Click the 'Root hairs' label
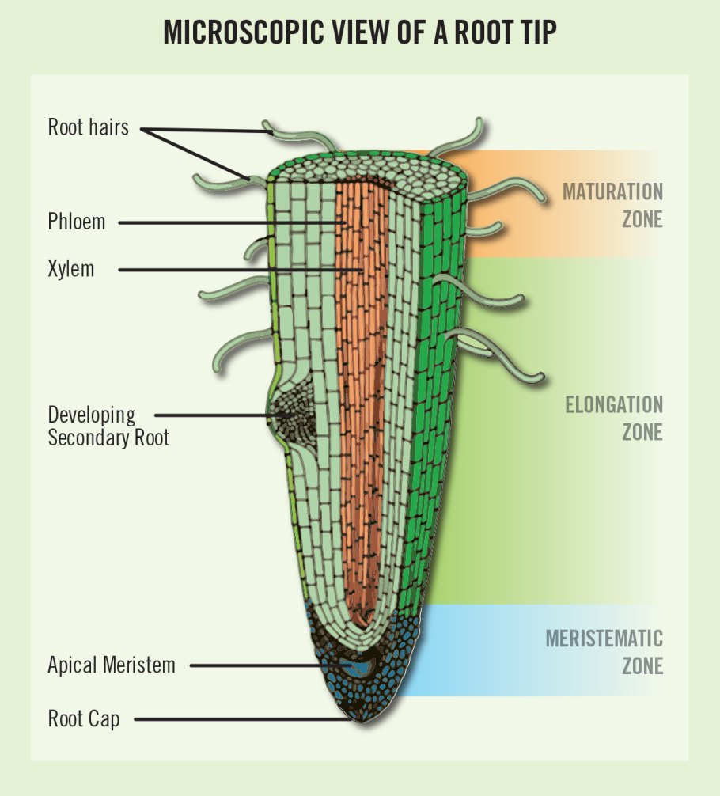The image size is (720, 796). click(88, 127)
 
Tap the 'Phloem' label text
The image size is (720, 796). click(76, 222)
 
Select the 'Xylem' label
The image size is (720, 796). click(70, 269)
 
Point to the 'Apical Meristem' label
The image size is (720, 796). click(111, 665)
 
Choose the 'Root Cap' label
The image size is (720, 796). click(84, 719)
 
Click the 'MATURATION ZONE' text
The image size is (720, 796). click(612, 204)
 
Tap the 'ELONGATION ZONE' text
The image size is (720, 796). click(613, 419)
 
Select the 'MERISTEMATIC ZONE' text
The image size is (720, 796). click(604, 650)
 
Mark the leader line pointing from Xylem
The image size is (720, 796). click(237, 271)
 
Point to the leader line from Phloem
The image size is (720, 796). click(229, 223)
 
